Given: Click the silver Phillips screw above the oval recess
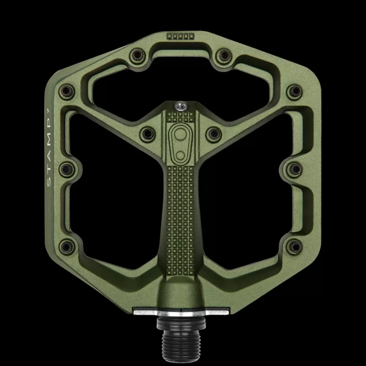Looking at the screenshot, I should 181,106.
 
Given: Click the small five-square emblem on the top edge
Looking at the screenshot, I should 181,36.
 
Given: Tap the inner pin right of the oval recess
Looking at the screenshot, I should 212,134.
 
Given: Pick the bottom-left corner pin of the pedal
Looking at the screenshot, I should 66,245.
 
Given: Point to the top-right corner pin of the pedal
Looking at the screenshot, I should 294,90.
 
